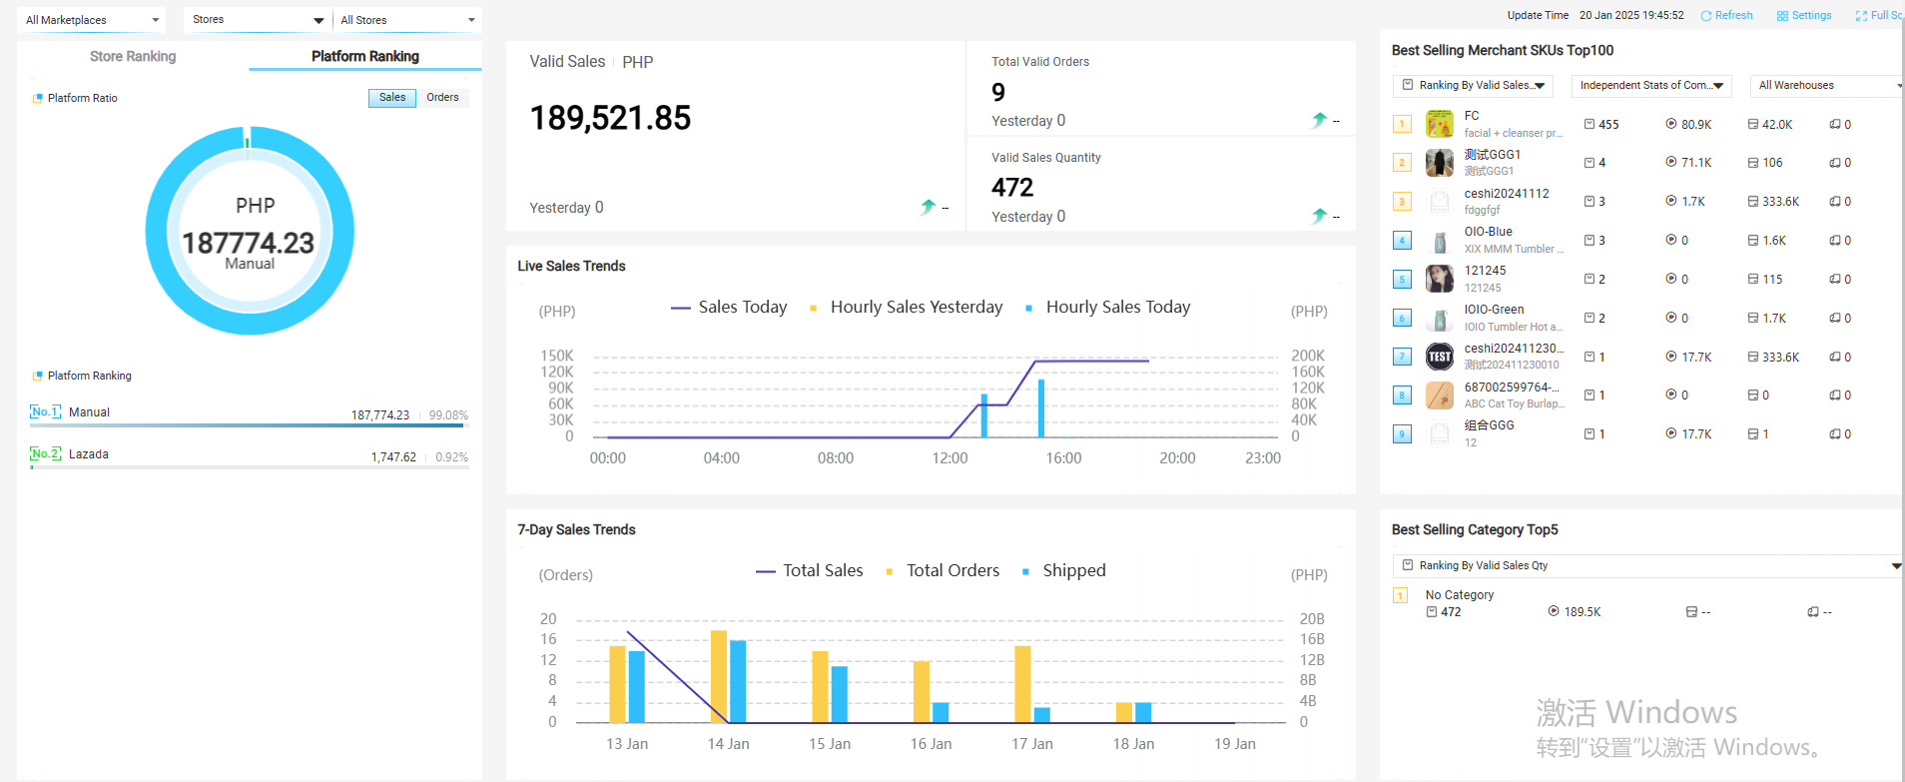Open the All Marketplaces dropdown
click(x=92, y=20)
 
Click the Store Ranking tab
click(x=133, y=57)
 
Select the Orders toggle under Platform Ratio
click(x=442, y=98)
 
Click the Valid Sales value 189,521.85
click(x=610, y=119)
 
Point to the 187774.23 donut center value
click(x=248, y=243)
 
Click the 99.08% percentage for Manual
click(x=448, y=415)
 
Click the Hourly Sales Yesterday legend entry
click(x=916, y=308)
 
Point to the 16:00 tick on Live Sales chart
click(x=1063, y=458)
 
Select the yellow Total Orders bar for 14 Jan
click(x=719, y=676)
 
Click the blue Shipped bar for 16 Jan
click(x=941, y=712)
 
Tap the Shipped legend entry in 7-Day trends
click(x=1073, y=571)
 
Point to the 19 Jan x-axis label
click(x=1234, y=744)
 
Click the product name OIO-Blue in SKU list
click(x=1488, y=232)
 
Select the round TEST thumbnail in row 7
click(x=1440, y=357)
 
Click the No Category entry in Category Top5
click(x=1459, y=595)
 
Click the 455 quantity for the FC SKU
click(x=1608, y=125)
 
